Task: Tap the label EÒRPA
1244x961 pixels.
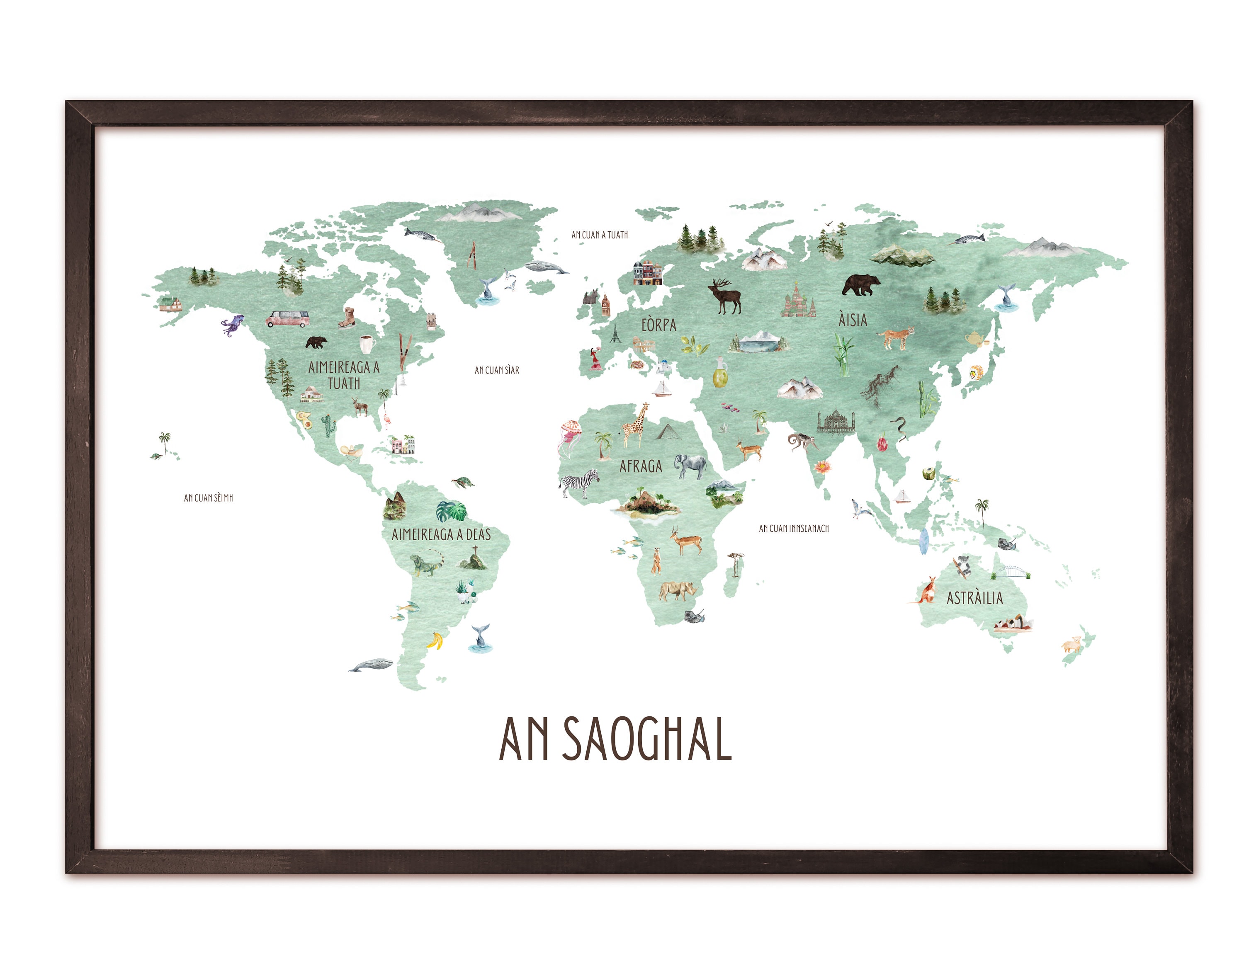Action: coord(658,325)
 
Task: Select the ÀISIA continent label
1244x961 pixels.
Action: coord(853,320)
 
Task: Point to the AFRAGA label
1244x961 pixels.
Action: coord(641,466)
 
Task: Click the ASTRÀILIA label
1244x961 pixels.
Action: coord(974,598)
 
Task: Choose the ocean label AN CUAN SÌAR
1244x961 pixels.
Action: coord(497,370)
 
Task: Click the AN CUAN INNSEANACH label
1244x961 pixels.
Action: coord(793,528)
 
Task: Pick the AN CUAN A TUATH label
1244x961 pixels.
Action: coord(599,235)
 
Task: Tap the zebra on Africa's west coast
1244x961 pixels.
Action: coord(579,483)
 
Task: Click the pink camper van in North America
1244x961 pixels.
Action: coord(288,319)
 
